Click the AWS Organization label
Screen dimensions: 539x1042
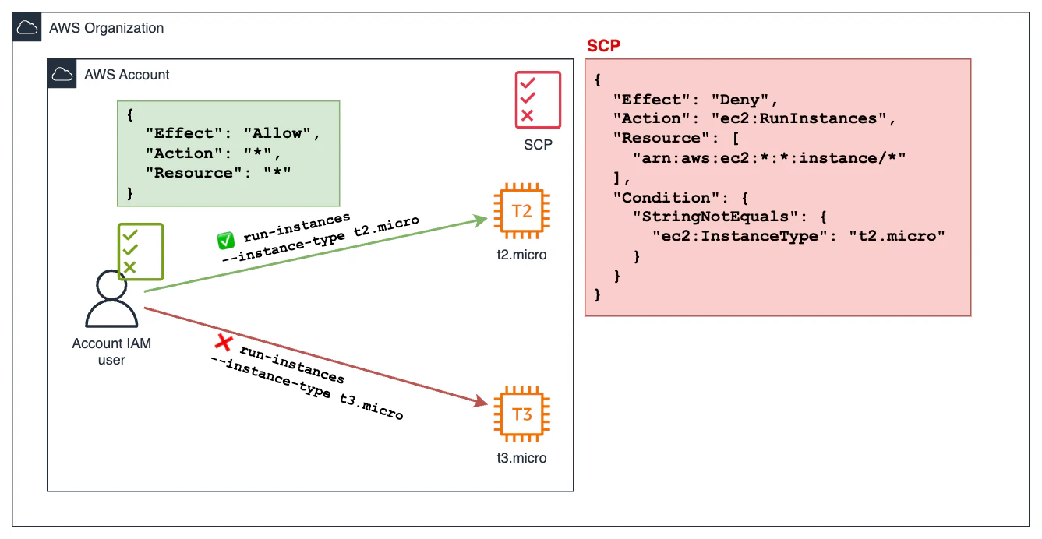[106, 28]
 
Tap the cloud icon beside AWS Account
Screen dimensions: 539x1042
[62, 75]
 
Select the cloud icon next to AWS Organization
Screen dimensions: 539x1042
[27, 28]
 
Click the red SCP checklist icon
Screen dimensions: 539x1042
[537, 100]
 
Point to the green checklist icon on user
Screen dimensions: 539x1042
[140, 252]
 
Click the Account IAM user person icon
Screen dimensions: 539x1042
[111, 300]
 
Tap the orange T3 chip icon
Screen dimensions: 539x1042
[522, 414]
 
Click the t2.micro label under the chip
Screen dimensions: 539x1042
[521, 255]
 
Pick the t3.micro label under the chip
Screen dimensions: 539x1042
[521, 457]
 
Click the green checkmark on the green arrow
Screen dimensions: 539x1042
[225, 241]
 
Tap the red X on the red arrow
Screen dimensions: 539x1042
[224, 341]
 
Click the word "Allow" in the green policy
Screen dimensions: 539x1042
[278, 133]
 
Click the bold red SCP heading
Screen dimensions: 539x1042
[603, 46]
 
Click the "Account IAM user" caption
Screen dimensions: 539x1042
[111, 351]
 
